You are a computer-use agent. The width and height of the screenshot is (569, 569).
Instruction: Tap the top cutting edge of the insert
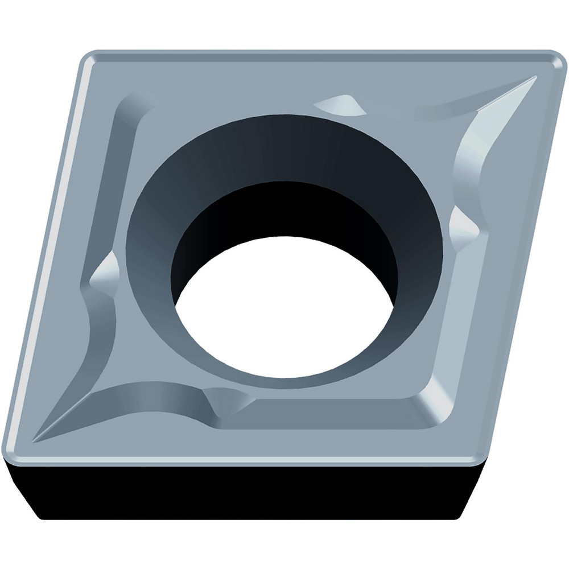(x=319, y=54)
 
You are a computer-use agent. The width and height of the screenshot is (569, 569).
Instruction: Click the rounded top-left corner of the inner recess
(x=128, y=105)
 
